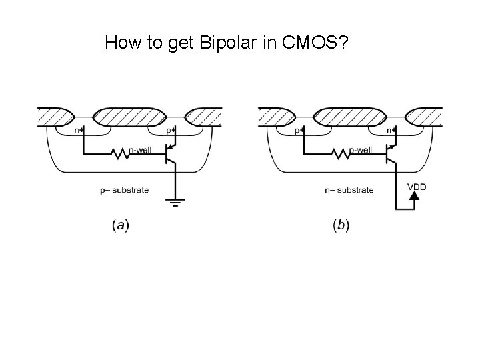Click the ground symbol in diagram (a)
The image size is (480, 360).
(x=175, y=203)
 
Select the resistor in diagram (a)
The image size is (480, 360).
(x=121, y=154)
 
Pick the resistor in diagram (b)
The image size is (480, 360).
(x=342, y=154)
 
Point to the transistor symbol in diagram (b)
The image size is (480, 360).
(x=392, y=154)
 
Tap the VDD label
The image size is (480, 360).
(x=416, y=186)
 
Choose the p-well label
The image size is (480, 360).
(x=360, y=150)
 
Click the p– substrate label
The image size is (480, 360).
(x=125, y=190)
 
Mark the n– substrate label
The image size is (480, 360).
(x=349, y=190)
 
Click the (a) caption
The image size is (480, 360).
(x=121, y=225)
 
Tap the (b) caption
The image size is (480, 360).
(x=341, y=225)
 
